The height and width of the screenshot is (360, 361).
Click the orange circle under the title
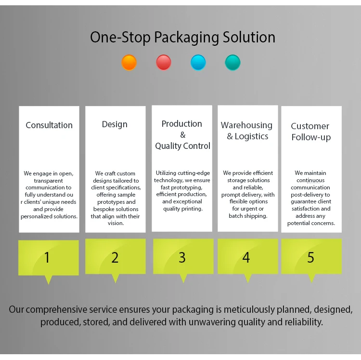click(129, 62)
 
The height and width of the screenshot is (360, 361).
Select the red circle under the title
click(164, 62)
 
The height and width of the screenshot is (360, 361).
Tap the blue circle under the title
click(198, 62)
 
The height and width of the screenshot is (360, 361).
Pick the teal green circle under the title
click(233, 62)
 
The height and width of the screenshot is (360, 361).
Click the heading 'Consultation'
click(49, 125)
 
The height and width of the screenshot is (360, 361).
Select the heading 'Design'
click(115, 124)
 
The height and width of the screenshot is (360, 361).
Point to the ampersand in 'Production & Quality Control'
click(182, 135)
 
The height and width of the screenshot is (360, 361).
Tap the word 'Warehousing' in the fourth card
click(246, 125)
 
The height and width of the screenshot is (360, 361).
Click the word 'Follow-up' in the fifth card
click(310, 137)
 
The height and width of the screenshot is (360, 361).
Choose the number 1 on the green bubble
click(47, 258)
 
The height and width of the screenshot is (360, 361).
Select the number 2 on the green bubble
click(115, 258)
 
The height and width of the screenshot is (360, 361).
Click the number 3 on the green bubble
click(182, 257)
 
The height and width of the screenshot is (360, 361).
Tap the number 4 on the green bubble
click(246, 258)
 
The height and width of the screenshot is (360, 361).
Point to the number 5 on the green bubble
click(310, 258)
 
